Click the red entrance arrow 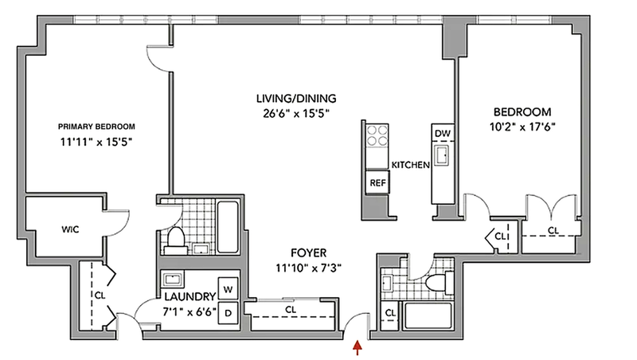(358, 348)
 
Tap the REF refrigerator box (377, 183)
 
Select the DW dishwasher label (443, 133)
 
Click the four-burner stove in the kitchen (377, 135)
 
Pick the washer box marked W (229, 289)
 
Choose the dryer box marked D (229, 313)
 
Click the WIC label (70, 229)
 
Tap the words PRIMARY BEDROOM (96, 127)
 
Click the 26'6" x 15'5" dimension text (295, 113)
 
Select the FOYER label (309, 253)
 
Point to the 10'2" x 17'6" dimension (522, 127)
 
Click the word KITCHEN (410, 165)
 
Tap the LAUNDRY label (190, 296)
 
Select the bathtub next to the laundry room (228, 227)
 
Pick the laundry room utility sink (173, 280)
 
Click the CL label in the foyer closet (291, 310)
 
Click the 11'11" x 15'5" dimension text (96, 143)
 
